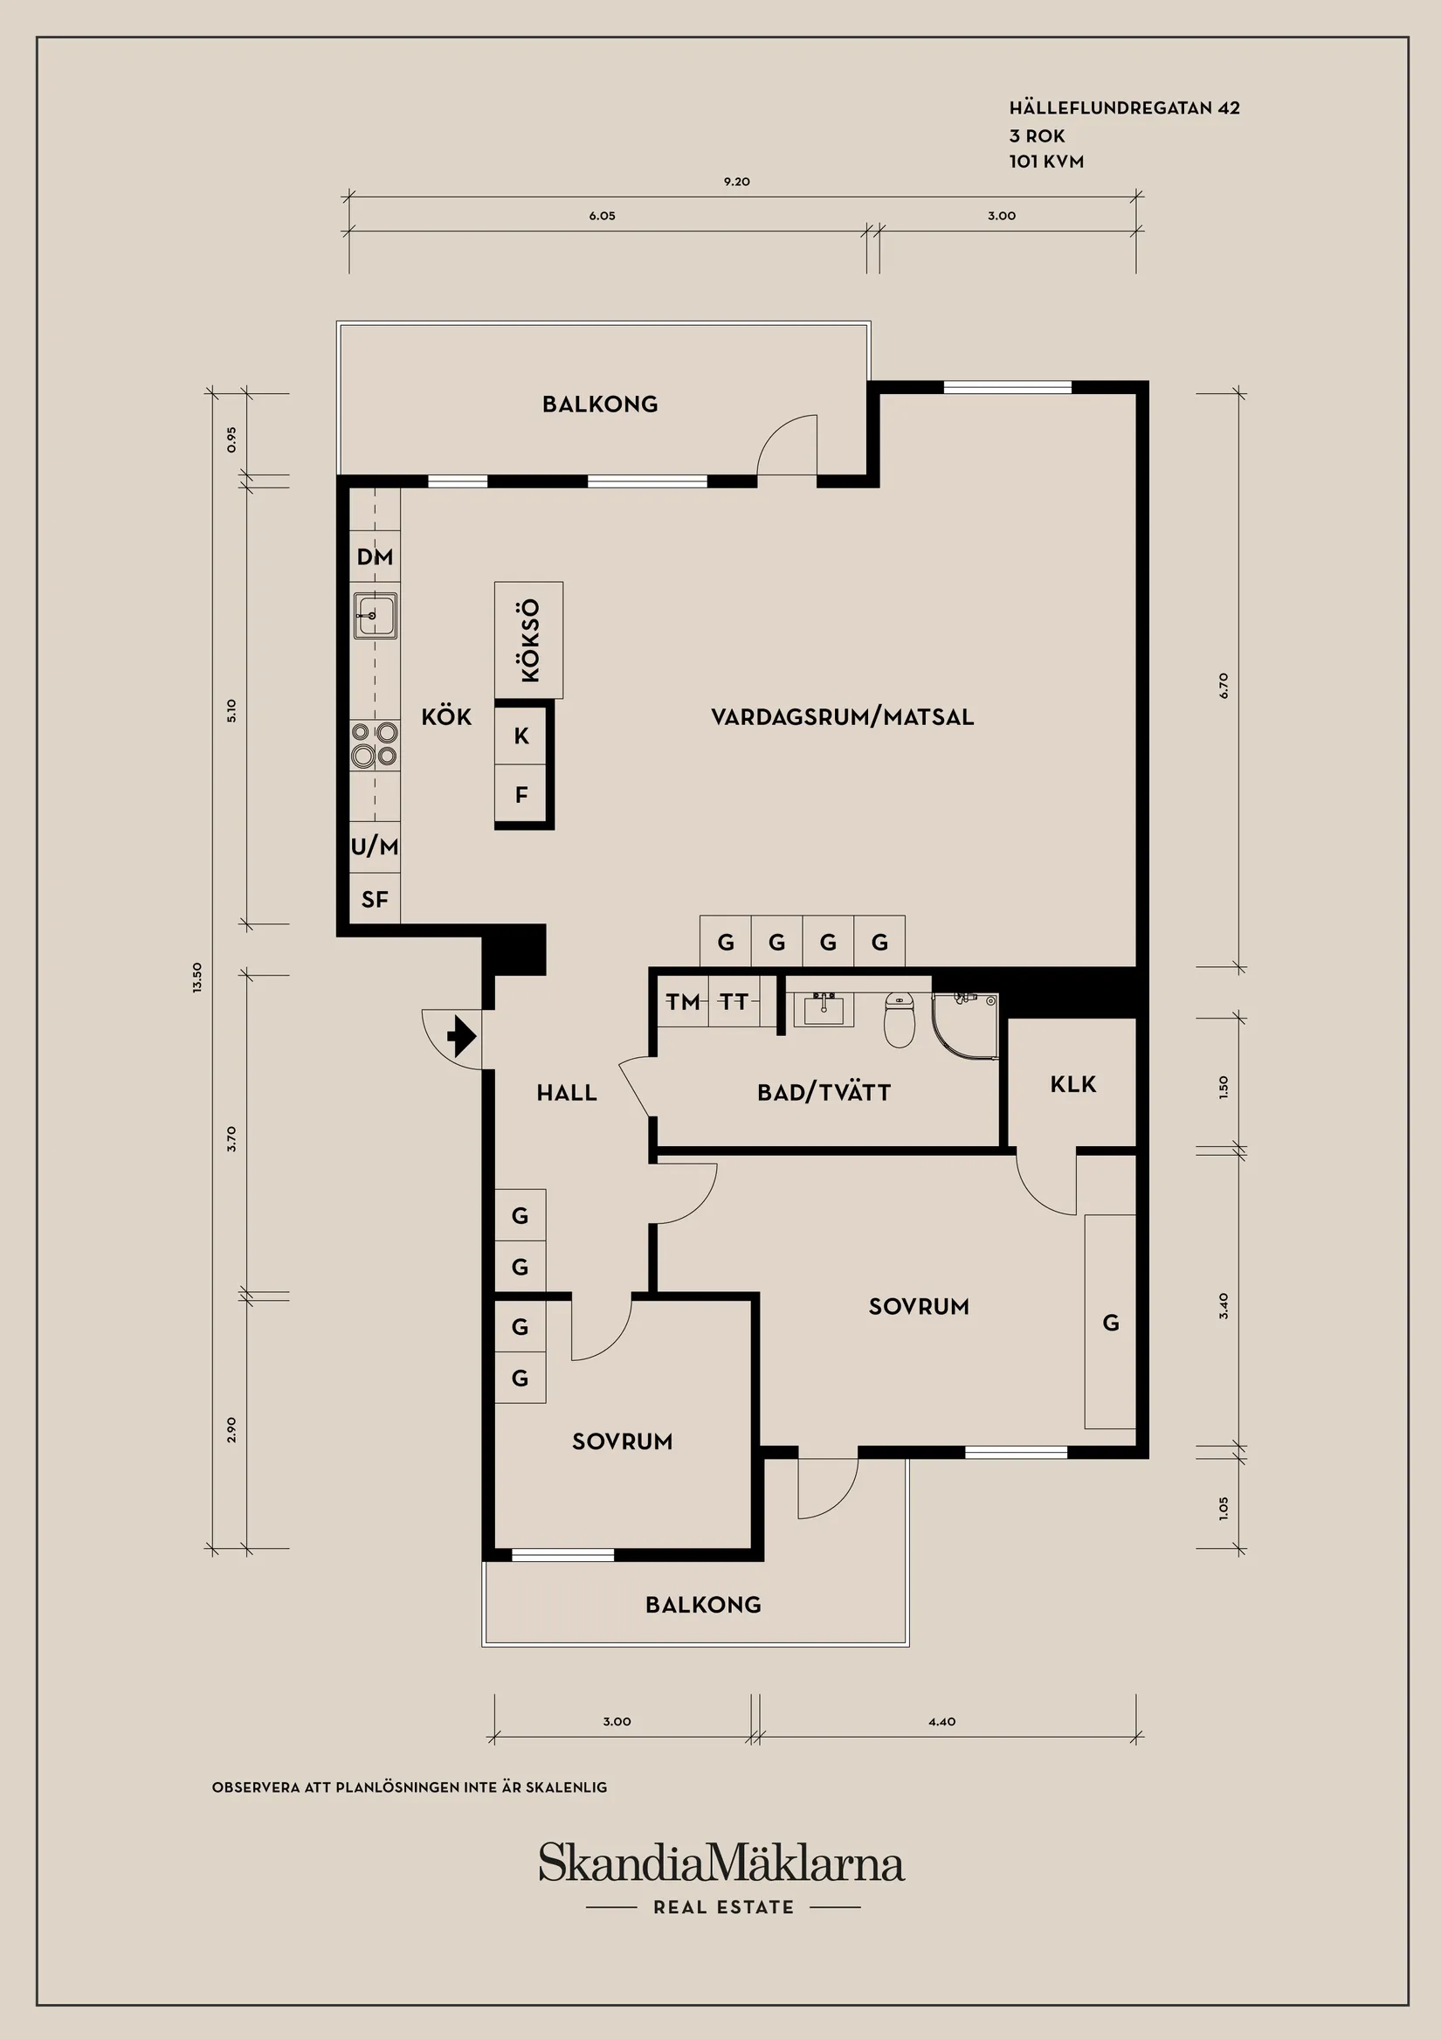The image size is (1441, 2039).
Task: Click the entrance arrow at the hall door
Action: [x=462, y=1035]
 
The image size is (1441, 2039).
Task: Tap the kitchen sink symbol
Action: [x=375, y=614]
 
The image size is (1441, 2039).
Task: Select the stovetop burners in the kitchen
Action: [x=375, y=744]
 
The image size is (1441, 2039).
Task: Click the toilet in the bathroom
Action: [x=900, y=1020]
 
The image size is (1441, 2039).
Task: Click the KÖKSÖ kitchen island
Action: [x=529, y=640]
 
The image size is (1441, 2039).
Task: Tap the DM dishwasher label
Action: [x=375, y=556]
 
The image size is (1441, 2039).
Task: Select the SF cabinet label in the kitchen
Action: [x=375, y=900]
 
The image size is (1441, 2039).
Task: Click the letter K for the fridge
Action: [x=522, y=736]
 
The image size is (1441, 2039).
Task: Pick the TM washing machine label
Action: [x=683, y=1002]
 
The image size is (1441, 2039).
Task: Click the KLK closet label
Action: [x=1072, y=1084]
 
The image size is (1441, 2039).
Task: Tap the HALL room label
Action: [x=567, y=1092]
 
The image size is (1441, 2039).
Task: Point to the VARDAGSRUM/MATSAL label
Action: [x=843, y=716]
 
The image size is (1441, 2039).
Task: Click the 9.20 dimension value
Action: [x=737, y=181]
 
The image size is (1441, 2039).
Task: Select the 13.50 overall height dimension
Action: [x=197, y=977]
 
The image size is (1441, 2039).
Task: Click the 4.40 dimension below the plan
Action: [x=942, y=1721]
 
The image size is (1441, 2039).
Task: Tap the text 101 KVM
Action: [x=1046, y=162]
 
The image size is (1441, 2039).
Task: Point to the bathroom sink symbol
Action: [x=824, y=1009]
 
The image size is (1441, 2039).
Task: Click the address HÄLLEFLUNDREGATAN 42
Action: [x=1124, y=107]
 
